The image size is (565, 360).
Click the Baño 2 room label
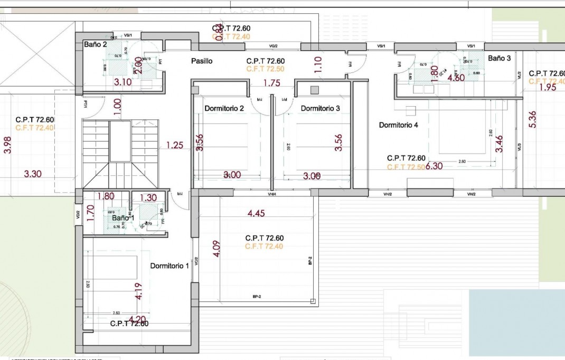coord(96,45)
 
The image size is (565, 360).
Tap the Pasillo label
coord(202,61)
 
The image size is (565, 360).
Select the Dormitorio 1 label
coord(169,266)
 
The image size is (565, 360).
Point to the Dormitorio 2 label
coord(224,109)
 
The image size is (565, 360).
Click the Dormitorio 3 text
coord(321,109)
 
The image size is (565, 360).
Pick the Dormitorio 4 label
coord(399,125)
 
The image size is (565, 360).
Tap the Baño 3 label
coord(499,59)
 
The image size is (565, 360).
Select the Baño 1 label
coord(123,217)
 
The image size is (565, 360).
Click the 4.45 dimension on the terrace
coord(256,213)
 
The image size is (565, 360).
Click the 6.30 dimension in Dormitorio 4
coord(434,166)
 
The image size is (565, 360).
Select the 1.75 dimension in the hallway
coord(271,83)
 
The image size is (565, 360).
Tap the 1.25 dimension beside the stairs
coord(175,145)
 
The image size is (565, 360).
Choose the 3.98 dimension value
coord(7,145)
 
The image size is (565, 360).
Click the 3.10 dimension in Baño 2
coord(123,82)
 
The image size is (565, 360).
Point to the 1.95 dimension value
coord(548,88)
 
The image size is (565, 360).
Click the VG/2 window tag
coord(273,46)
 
